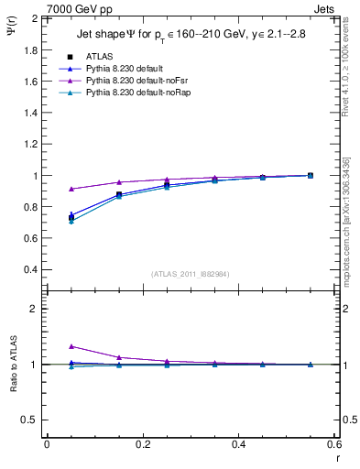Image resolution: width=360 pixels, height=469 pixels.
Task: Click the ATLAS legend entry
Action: click(98, 57)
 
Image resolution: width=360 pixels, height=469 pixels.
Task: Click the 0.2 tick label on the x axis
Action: click(142, 443)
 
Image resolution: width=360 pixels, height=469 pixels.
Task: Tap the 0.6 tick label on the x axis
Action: click(333, 443)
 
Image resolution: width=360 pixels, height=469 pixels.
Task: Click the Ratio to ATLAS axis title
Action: click(13, 365)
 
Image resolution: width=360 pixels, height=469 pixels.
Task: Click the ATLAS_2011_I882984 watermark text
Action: click(190, 274)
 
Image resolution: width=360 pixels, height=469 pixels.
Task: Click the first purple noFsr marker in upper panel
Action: click(71, 189)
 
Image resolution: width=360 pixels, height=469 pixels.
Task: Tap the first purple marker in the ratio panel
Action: click(71, 346)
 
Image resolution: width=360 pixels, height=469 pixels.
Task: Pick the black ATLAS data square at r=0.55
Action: click(310, 175)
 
